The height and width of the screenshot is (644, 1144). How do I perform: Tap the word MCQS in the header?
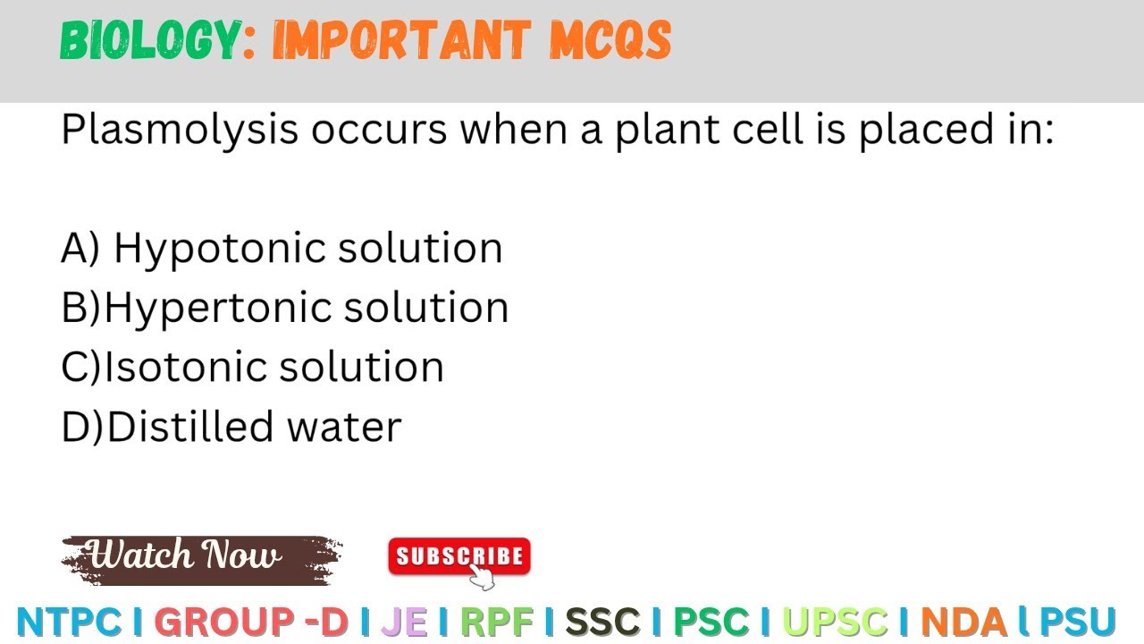(610, 41)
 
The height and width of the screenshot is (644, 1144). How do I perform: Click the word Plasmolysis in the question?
(179, 131)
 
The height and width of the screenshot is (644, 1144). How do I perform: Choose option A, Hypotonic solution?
(282, 248)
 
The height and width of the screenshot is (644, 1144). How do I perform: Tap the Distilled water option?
(231, 427)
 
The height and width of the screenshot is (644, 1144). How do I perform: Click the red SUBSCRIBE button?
(458, 556)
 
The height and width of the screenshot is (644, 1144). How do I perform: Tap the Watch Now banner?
(200, 558)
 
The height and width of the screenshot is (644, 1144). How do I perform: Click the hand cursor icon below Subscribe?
(483, 579)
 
